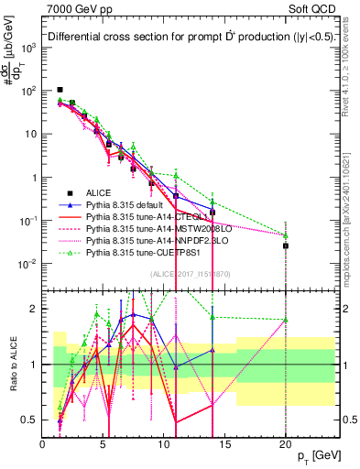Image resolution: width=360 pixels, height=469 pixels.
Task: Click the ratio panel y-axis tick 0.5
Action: click(30, 420)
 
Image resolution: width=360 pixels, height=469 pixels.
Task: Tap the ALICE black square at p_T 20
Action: click(286, 245)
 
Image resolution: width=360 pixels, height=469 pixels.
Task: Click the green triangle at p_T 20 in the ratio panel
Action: click(286, 320)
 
